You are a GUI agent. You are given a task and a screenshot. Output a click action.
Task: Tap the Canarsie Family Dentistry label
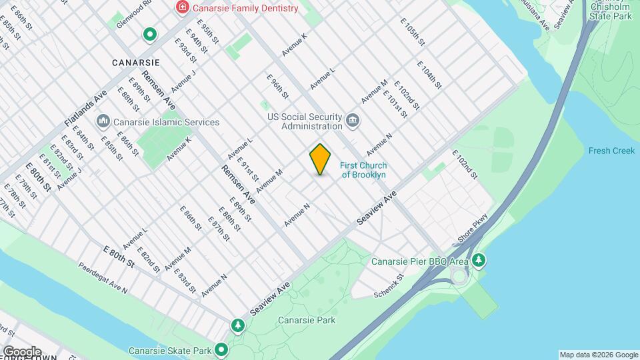point(245,8)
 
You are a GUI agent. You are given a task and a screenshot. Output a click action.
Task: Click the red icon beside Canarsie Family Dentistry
point(181,8)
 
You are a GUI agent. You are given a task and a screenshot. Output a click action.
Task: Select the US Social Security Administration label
point(305,121)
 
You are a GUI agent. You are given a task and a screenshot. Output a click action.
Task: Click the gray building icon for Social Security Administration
point(353,121)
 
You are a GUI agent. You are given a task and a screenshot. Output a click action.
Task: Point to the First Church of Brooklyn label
point(363,170)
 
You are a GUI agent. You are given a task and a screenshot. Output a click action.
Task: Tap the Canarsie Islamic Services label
point(166,122)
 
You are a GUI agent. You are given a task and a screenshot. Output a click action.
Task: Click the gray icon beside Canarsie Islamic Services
point(103,121)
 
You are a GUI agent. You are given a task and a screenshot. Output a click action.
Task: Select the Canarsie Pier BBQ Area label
point(419,261)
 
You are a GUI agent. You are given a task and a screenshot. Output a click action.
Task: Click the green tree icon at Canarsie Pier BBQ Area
point(478,259)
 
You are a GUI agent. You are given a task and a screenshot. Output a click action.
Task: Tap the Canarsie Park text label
point(307,320)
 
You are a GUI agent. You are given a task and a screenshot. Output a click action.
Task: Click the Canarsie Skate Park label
point(169,351)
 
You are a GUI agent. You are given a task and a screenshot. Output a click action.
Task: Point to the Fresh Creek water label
point(611,151)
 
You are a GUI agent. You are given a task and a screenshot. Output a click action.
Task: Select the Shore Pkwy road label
point(474,228)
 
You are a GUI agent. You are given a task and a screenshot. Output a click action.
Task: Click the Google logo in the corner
point(21,351)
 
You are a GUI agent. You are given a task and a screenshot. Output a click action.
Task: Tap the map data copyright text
point(598,355)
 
